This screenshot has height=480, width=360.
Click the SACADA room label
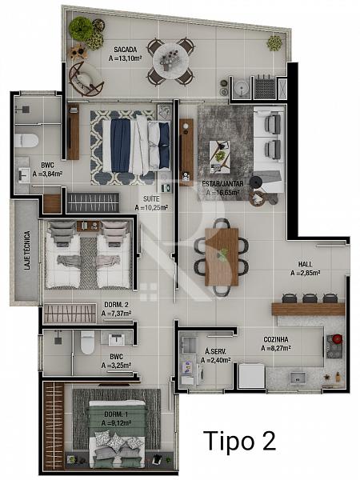click(x=126, y=50)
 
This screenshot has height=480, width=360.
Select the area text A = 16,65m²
click(x=222, y=193)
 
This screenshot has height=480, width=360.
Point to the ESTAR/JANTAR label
click(x=222, y=184)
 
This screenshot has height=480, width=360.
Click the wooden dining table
click(x=222, y=257)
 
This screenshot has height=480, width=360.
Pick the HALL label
click(x=306, y=264)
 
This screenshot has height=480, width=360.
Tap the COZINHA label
click(x=276, y=339)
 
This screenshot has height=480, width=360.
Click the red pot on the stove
click(x=338, y=338)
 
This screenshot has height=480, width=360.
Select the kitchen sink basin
click(x=298, y=378)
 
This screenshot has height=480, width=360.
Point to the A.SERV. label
click(x=215, y=352)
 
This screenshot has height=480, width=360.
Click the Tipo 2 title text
click(x=239, y=441)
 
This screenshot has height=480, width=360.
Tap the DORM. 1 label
click(x=116, y=414)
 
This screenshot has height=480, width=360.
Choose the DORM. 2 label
click(x=116, y=305)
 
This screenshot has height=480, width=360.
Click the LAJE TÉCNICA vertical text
click(x=27, y=250)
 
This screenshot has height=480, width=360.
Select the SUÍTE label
click(x=151, y=199)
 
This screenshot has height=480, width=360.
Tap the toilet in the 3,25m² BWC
click(x=87, y=342)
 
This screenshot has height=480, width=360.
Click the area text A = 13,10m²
click(x=126, y=58)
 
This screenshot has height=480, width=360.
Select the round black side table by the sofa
click(x=256, y=182)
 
